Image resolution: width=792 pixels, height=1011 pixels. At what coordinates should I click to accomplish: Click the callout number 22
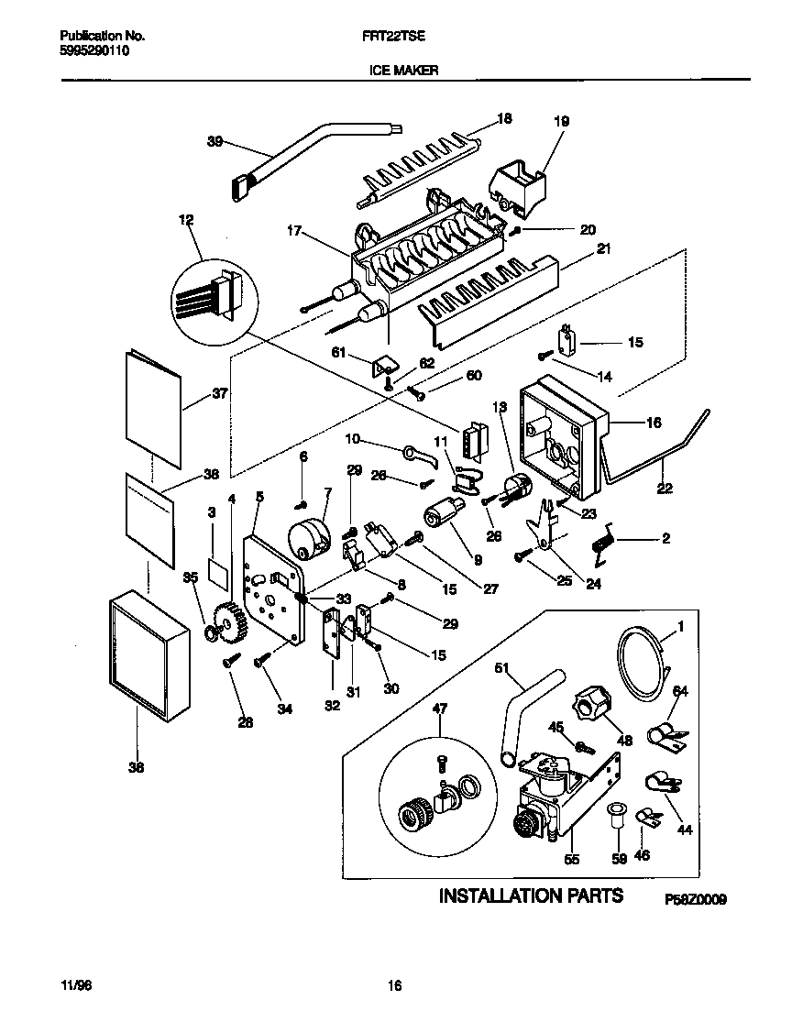(665, 489)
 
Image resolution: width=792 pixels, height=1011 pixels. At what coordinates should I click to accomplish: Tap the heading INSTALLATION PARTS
(531, 896)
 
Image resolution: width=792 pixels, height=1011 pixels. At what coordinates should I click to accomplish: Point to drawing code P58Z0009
(695, 901)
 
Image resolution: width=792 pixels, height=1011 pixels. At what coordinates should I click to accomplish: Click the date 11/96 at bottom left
(78, 986)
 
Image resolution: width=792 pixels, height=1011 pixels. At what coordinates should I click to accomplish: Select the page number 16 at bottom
(395, 986)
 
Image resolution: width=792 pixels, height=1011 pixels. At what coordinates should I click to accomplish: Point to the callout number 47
(439, 708)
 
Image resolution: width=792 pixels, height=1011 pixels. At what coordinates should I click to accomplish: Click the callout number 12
(186, 220)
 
